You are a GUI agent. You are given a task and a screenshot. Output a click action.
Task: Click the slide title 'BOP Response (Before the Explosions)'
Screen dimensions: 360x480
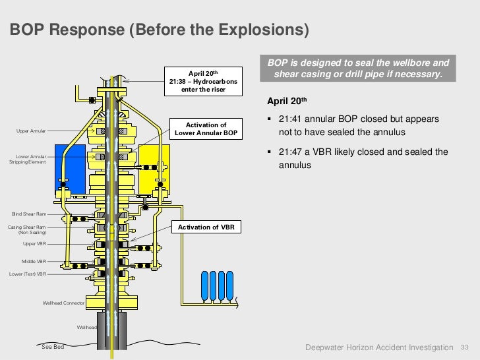tap(158, 30)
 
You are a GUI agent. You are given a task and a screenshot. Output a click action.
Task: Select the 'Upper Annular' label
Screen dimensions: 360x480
tap(31, 131)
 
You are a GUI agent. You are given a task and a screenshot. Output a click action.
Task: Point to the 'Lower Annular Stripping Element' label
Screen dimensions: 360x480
tap(27, 160)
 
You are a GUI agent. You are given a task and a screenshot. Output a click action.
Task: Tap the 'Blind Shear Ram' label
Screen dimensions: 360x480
tap(28, 214)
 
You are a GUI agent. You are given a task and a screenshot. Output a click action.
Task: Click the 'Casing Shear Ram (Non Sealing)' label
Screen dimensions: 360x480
tap(27, 229)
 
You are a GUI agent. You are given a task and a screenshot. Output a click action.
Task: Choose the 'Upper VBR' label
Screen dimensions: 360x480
tap(34, 243)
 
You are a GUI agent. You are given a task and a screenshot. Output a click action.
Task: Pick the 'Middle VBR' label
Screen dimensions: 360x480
tap(34, 261)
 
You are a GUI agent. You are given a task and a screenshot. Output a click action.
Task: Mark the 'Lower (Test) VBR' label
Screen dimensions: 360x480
tap(28, 274)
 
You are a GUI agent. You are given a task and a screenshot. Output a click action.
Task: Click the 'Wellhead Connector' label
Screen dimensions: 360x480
tap(64, 303)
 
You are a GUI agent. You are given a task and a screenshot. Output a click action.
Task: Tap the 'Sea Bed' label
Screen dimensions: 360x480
tap(53, 347)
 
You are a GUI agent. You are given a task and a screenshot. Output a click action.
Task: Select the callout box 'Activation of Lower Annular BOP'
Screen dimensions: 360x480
tap(206, 129)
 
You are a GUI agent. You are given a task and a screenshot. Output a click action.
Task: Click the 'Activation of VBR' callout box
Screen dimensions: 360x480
tap(206, 227)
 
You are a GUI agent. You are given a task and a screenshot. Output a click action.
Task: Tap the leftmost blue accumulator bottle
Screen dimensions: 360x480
tap(204, 285)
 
